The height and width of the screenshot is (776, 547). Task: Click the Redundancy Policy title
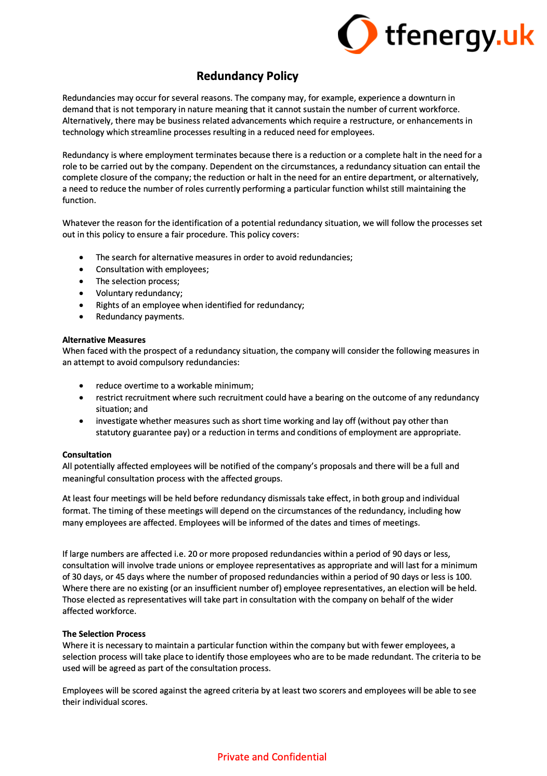click(248, 76)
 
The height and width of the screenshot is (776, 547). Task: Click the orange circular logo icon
click(357, 34)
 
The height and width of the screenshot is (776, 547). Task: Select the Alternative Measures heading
click(104, 340)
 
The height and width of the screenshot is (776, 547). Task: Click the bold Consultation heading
click(87, 454)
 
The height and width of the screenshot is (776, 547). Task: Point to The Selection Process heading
click(104, 634)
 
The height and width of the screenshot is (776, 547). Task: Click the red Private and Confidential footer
click(272, 757)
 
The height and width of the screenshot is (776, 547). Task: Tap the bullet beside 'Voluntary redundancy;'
click(82, 293)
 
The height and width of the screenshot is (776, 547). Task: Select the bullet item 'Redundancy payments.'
click(140, 317)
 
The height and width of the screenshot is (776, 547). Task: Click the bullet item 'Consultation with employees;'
click(152, 270)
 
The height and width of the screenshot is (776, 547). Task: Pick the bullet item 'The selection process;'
click(138, 282)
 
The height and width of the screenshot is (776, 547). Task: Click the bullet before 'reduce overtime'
click(82, 386)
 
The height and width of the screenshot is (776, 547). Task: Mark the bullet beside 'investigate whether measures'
click(82, 421)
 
